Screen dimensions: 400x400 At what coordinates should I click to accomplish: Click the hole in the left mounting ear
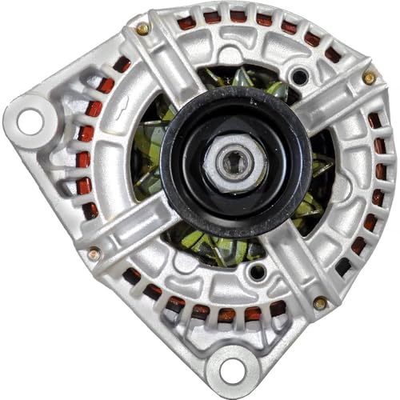pos(30,121)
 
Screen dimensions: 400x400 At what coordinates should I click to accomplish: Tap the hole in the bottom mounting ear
pos(231,370)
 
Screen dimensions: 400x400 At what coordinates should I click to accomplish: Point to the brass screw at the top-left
pos(142,29)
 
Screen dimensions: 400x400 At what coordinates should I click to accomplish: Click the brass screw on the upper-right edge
pos(369,78)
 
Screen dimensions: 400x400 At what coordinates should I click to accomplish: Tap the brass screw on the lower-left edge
pos(94,254)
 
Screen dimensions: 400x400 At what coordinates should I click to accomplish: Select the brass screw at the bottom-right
pos(319,302)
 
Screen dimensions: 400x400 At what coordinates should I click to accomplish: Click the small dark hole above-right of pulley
pos(298,78)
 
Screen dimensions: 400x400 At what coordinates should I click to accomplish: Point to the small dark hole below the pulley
pos(256,272)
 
